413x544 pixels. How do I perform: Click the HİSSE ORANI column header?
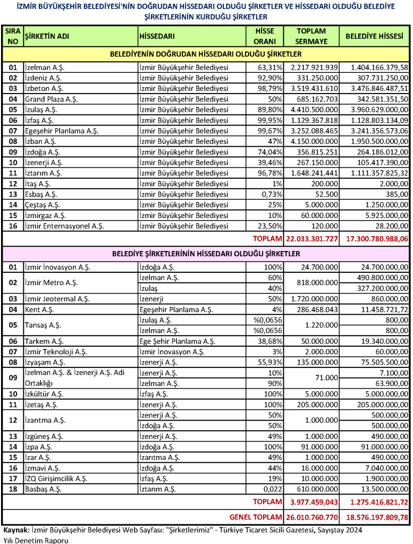265,36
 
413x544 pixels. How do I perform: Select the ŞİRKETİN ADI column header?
47,37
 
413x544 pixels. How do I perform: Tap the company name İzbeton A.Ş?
44,88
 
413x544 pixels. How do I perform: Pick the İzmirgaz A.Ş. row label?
45,215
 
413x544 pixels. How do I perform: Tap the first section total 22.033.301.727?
312,239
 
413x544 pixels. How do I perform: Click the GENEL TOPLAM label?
256,517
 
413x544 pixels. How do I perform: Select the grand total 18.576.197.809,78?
376,517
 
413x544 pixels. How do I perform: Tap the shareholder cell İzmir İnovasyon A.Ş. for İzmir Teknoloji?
171,351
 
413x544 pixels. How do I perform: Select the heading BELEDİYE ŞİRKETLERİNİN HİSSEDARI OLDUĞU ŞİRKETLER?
206,254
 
